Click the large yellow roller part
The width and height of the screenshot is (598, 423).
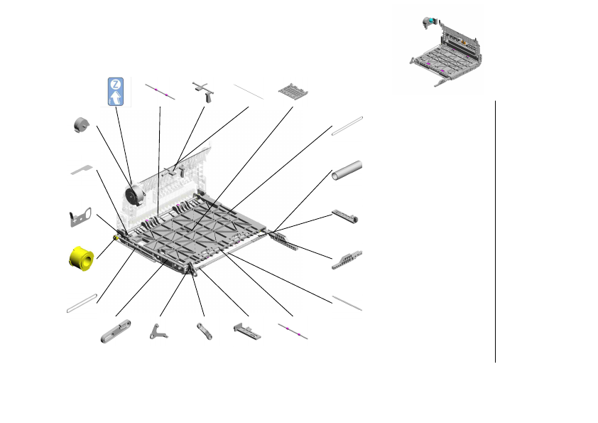pos(82,259)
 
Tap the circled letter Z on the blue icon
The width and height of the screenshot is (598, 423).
pos(116,84)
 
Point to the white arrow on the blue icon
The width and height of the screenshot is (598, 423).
pos(115,97)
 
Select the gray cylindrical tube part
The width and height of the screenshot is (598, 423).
pos(347,171)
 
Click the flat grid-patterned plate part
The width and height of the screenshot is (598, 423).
pos(293,91)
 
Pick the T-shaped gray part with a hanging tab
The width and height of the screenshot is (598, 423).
pos(204,92)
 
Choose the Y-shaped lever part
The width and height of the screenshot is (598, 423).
pos(158,332)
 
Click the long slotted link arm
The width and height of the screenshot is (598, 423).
pos(116,331)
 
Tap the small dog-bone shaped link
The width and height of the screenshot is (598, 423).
pos(205,331)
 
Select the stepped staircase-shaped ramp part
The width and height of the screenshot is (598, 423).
pos(347,260)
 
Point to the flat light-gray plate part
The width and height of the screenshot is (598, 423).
pos(82,169)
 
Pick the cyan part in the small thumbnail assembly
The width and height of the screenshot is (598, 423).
pos(431,20)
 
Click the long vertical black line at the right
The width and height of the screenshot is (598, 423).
pos(496,231)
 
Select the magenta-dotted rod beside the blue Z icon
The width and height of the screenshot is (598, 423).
pos(161,92)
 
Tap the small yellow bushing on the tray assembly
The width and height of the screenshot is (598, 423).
pos(116,238)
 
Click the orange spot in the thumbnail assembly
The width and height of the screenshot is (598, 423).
pos(464,42)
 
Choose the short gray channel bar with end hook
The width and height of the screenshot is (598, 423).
pos(344,216)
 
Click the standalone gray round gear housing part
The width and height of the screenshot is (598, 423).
pos(81,125)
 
